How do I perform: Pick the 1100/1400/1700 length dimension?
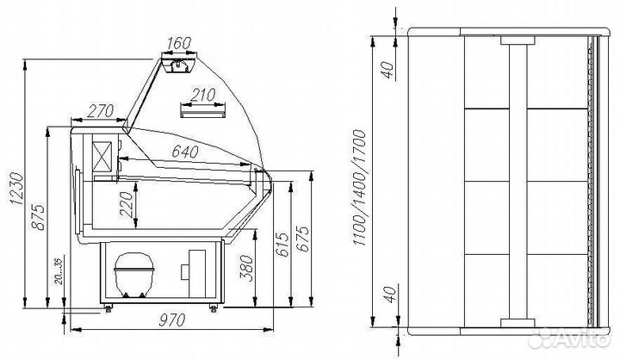360,187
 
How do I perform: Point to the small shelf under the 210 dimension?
202,109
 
